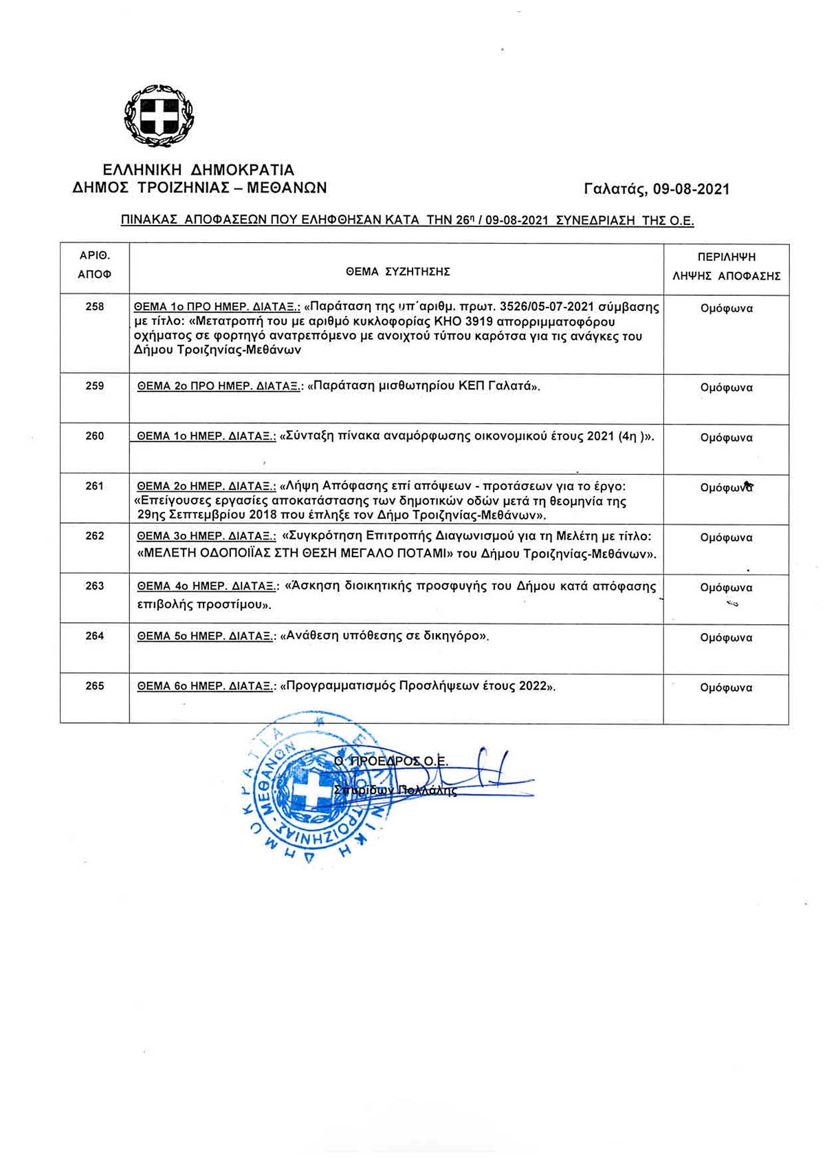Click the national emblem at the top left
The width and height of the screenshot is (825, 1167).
(x=159, y=116)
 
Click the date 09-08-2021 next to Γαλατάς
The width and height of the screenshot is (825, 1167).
(x=691, y=189)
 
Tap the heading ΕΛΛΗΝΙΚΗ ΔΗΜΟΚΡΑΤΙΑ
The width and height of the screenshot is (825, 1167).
(x=199, y=170)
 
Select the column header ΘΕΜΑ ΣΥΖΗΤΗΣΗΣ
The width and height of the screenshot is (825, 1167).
(x=397, y=272)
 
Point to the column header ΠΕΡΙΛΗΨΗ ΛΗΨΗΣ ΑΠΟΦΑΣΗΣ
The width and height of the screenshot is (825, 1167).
(x=726, y=267)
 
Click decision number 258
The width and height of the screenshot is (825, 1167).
(x=95, y=307)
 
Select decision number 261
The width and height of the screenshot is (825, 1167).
(x=95, y=486)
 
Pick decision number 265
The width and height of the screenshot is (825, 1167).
(x=95, y=686)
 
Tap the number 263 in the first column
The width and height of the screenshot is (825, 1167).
(x=95, y=586)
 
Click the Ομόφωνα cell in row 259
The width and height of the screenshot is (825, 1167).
(x=726, y=387)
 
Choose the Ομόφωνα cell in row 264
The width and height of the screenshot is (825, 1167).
(x=726, y=638)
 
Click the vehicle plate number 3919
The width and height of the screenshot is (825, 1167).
(x=479, y=322)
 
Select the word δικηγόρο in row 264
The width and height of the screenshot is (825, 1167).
(x=453, y=636)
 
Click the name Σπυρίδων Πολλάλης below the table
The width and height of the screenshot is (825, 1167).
(x=395, y=791)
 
